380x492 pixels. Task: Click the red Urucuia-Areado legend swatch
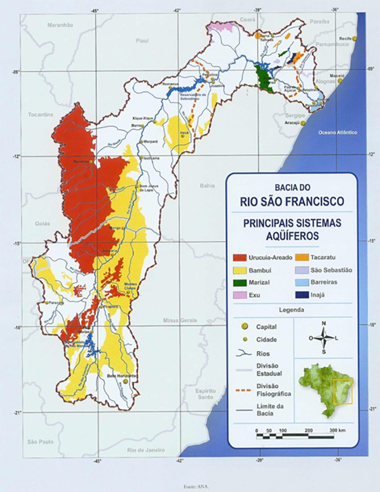(x=239, y=258)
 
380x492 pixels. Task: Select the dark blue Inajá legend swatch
(x=300, y=295)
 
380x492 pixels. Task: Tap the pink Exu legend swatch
(x=239, y=295)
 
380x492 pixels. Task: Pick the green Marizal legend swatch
(x=239, y=283)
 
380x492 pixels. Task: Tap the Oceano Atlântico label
(x=337, y=132)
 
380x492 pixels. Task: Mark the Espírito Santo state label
(x=206, y=393)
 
